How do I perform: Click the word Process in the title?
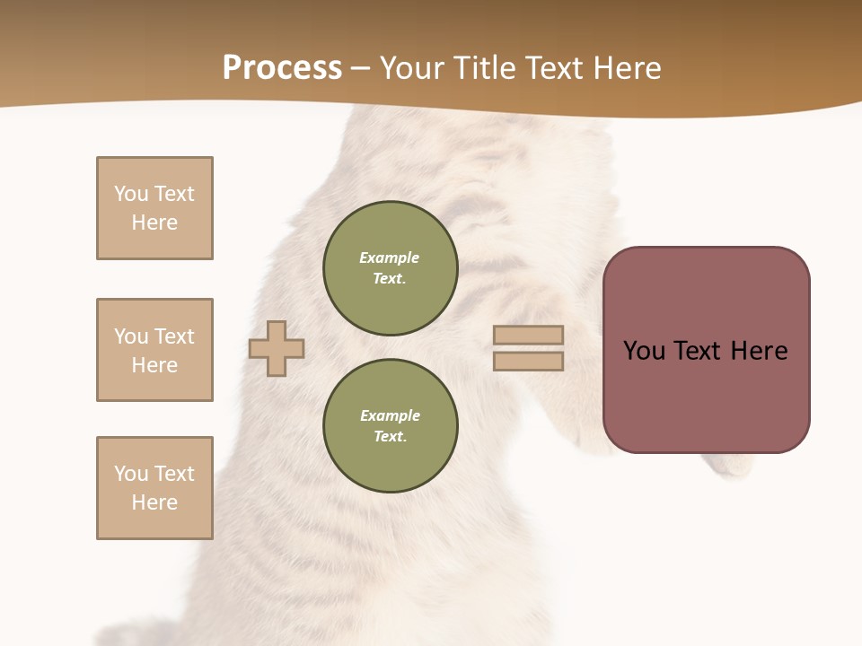point(282,68)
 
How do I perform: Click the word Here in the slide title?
point(626,68)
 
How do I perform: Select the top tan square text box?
point(154,208)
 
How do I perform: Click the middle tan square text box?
point(154,350)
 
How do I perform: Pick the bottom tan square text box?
point(154,488)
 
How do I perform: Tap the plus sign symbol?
point(277,348)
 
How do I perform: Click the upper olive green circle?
point(390,268)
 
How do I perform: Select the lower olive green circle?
point(390,426)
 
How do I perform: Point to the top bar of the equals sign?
point(528,335)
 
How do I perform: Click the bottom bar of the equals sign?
point(528,362)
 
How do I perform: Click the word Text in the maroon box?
point(702,351)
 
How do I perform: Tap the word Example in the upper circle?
point(389,258)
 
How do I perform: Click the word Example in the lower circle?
point(390,415)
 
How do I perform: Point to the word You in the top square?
point(131,194)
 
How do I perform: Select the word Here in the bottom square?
point(154,502)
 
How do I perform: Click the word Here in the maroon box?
point(759,351)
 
